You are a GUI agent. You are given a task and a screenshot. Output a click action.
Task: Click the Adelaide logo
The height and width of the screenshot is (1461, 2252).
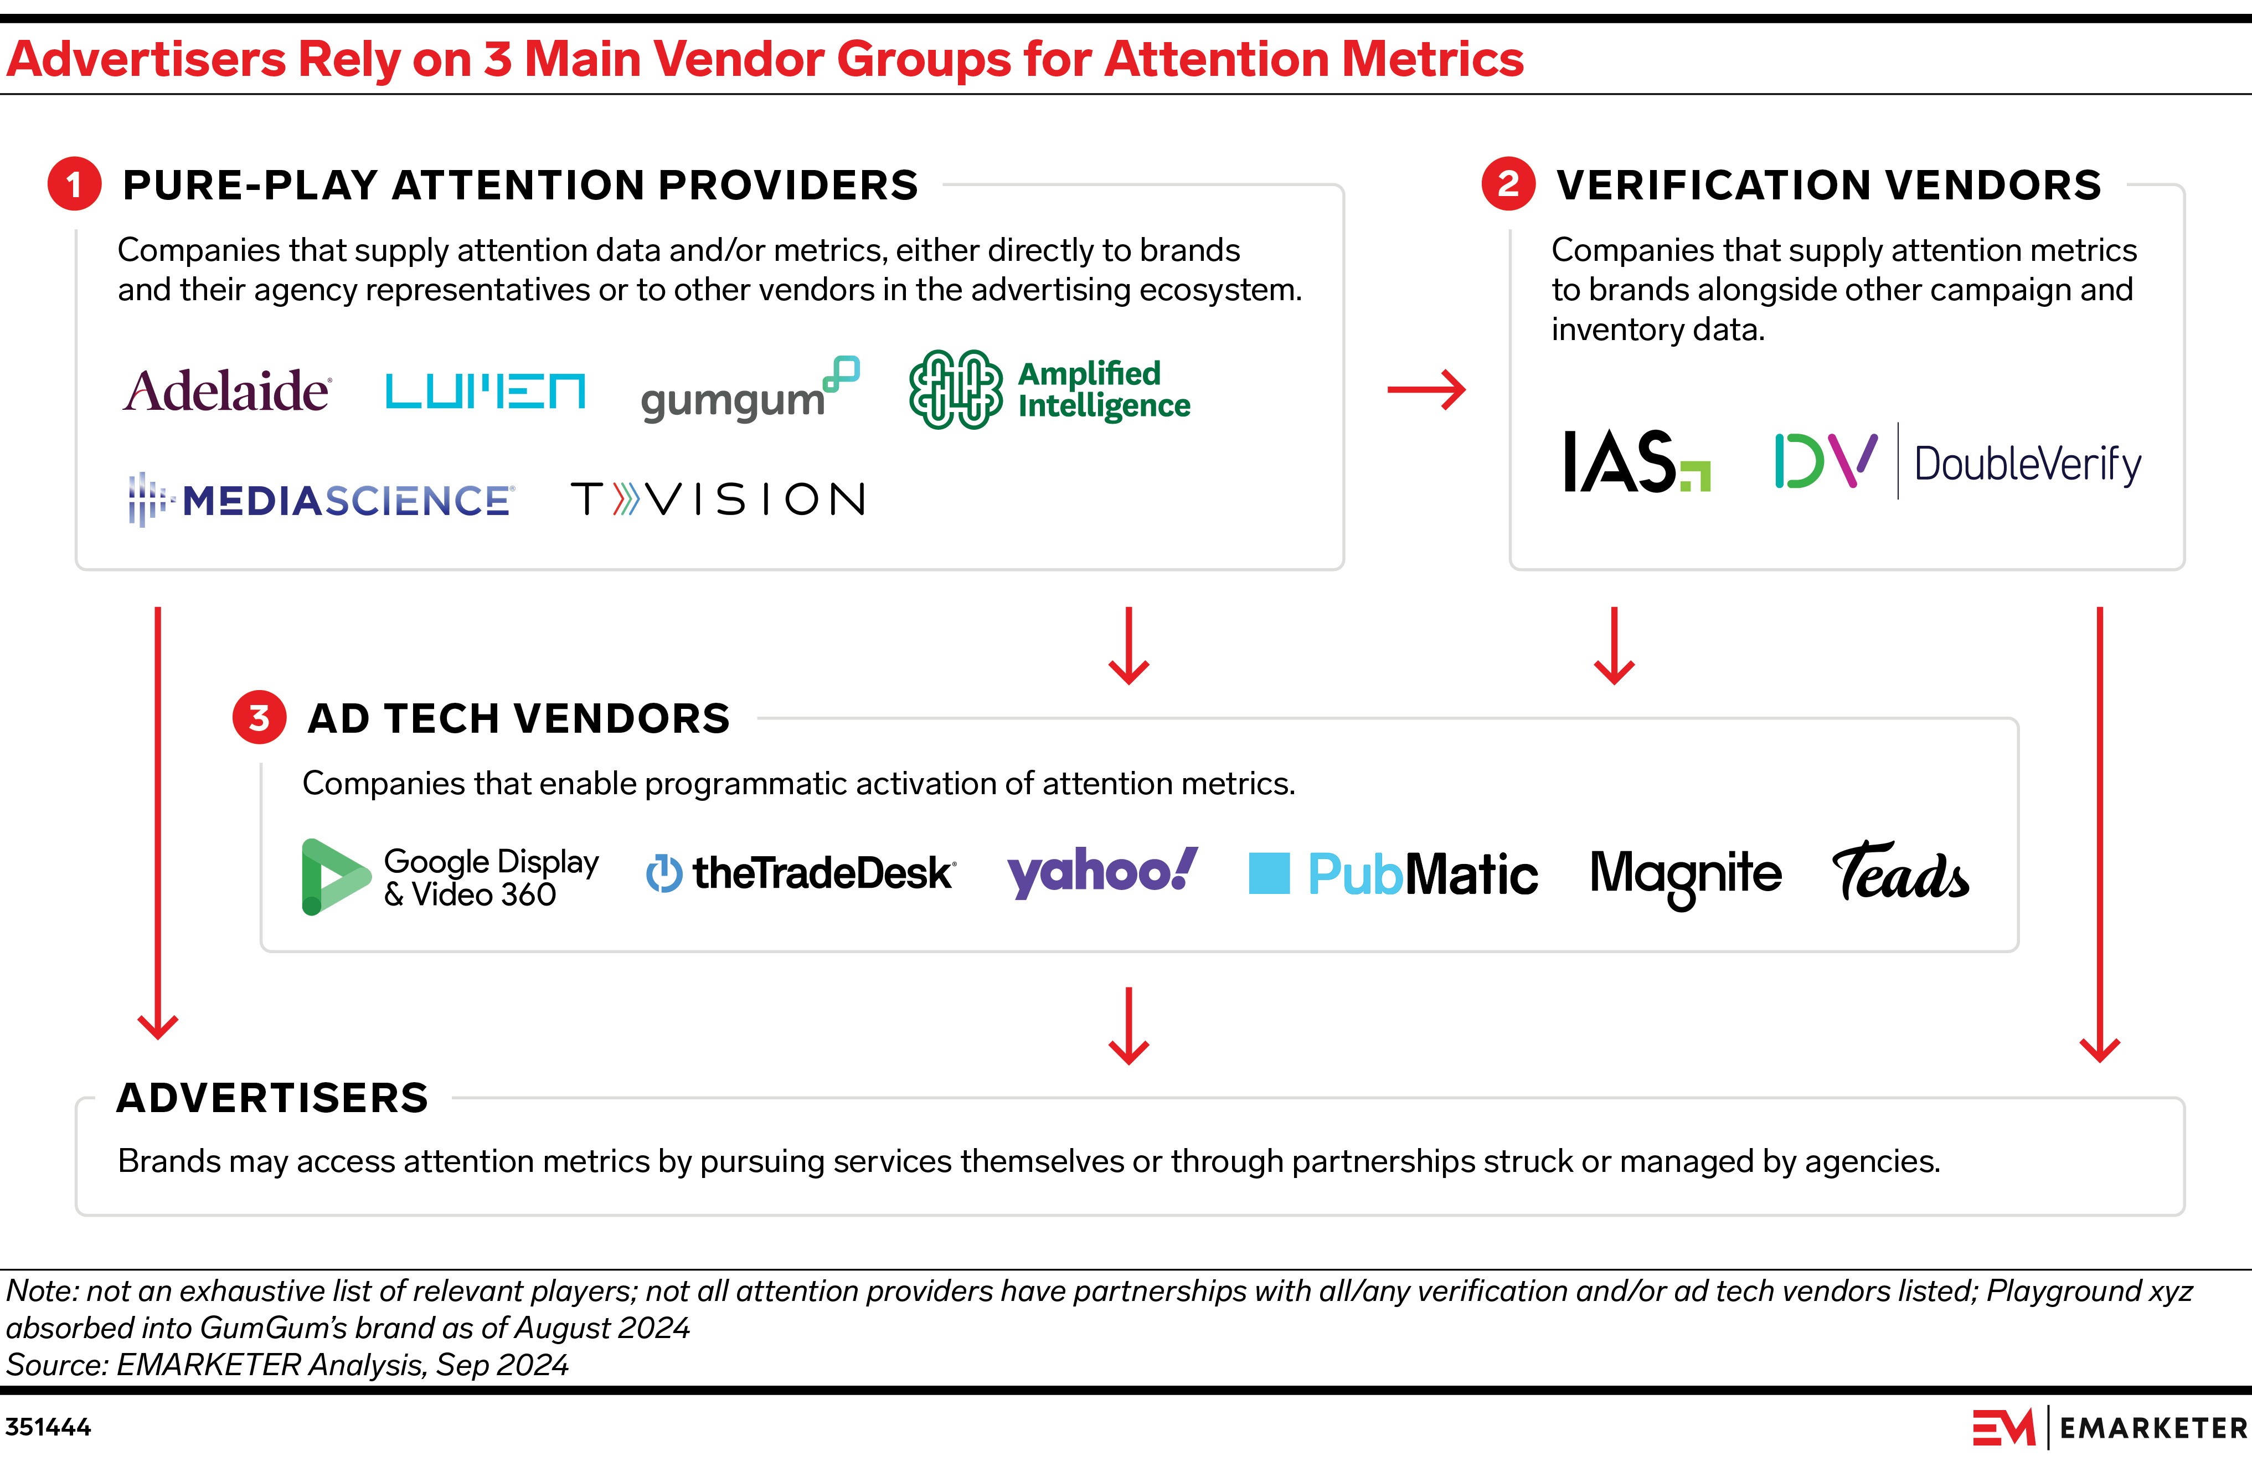tap(227, 391)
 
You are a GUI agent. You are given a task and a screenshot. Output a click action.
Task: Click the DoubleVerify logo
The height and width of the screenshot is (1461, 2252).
tap(1957, 462)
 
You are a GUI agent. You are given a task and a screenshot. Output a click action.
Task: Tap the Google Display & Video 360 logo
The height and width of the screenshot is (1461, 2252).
tap(450, 877)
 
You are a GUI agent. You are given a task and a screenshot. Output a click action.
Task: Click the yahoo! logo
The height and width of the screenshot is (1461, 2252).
tap(1102, 872)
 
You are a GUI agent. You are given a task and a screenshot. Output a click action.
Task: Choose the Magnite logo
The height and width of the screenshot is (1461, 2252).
tap(1685, 875)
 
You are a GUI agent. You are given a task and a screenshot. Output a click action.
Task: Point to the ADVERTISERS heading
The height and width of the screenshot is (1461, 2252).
tap(272, 1098)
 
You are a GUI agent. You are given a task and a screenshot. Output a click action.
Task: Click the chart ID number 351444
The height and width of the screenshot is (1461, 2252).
tap(48, 1427)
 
